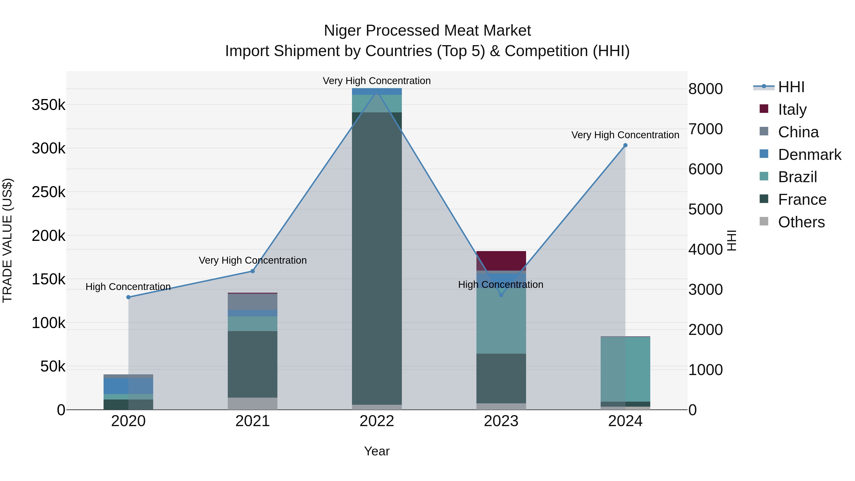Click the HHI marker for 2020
[128, 297]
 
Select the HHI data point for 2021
[253, 271]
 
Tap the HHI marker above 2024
[625, 145]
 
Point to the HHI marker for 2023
[501, 295]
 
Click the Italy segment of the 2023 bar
[501, 261]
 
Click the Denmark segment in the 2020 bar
[128, 386]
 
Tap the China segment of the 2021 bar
[253, 302]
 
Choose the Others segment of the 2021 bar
[253, 403]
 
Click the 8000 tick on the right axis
[705, 89]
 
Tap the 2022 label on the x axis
[377, 421]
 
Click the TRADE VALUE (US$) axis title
[7, 240]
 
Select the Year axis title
[377, 451]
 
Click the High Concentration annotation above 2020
[128, 286]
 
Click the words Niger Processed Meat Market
[427, 31]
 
